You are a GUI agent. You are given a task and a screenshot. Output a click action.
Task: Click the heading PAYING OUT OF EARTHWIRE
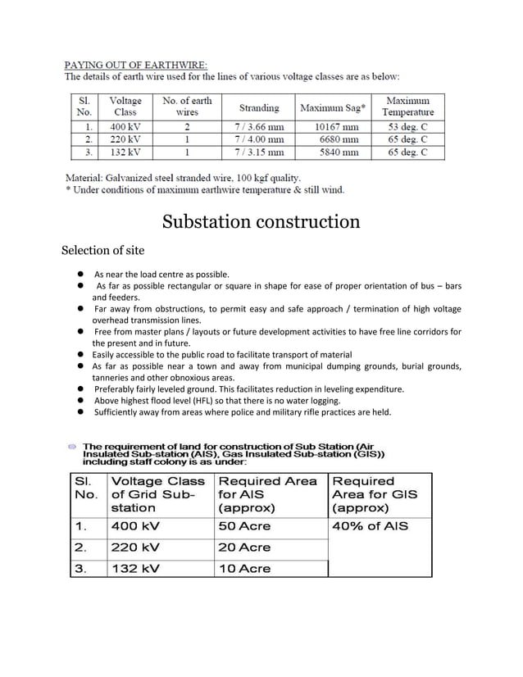click(x=136, y=64)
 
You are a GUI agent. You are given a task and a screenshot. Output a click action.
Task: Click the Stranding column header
click(x=259, y=107)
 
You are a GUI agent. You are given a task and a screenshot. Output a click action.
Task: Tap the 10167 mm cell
click(x=337, y=127)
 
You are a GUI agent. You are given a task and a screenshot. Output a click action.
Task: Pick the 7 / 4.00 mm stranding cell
click(x=259, y=139)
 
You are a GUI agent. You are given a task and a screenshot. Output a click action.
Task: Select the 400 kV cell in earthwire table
click(x=125, y=127)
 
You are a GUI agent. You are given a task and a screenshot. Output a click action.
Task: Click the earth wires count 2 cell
click(x=187, y=127)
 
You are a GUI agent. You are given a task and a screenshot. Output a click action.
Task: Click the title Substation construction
click(x=261, y=222)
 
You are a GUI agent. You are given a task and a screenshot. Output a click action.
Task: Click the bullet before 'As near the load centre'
click(x=83, y=274)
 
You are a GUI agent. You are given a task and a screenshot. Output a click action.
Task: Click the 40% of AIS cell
click(x=370, y=526)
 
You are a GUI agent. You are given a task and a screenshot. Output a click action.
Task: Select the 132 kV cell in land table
click(x=135, y=568)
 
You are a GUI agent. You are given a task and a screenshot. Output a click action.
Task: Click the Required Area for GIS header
click(x=375, y=494)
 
